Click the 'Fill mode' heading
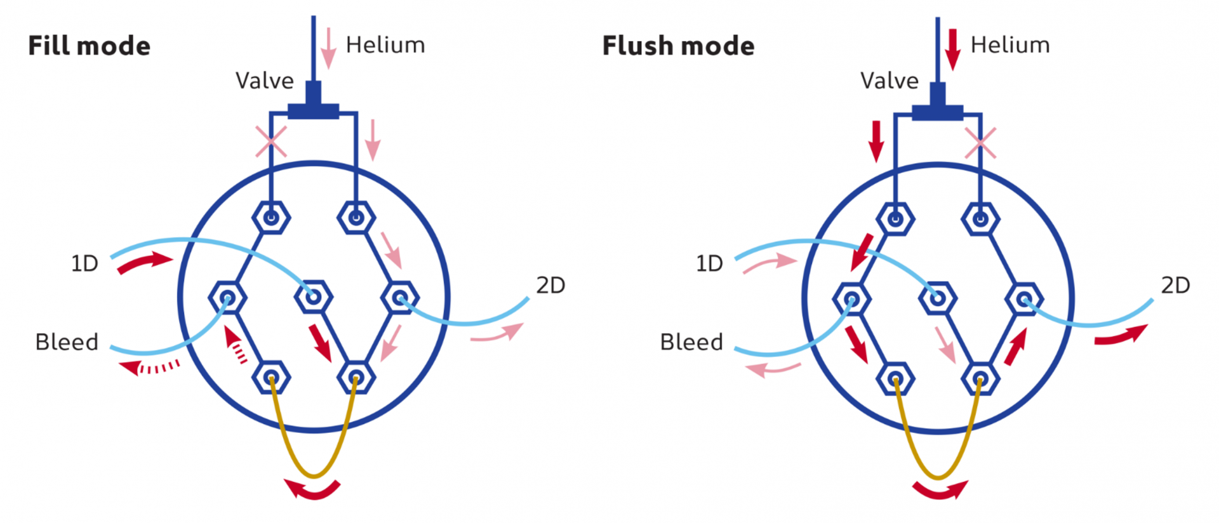(x=90, y=46)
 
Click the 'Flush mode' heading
(x=678, y=46)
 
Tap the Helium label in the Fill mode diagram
(x=385, y=45)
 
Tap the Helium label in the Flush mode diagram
(x=1010, y=45)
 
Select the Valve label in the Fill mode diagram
(x=265, y=81)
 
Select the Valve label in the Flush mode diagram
(x=889, y=81)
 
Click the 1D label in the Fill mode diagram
(x=84, y=263)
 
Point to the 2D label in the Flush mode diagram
(x=1175, y=285)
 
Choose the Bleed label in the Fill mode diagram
(x=67, y=342)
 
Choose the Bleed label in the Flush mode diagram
(x=691, y=342)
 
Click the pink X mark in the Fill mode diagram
(x=271, y=142)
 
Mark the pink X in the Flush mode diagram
(x=980, y=143)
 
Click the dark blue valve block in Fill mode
(x=313, y=103)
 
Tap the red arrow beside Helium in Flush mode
(x=952, y=49)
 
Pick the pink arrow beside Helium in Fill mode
(x=328, y=48)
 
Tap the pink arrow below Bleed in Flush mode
(x=773, y=369)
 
